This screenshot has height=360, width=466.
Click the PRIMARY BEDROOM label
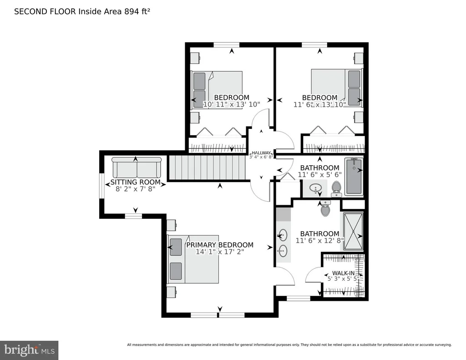[220, 245]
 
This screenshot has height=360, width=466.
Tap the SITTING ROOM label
[136, 182]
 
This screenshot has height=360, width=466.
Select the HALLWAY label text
[261, 153]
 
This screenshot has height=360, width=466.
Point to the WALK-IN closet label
[343, 273]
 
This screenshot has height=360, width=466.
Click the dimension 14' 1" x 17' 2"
[220, 252]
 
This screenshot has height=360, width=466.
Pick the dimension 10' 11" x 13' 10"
[232, 104]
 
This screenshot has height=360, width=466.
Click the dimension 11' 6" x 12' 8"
[320, 240]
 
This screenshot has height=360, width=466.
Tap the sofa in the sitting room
[137, 167]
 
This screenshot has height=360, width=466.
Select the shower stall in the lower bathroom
[353, 231]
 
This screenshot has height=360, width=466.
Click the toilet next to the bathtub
[336, 189]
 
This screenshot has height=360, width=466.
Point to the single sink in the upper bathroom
[315, 188]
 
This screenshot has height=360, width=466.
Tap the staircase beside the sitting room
[207, 168]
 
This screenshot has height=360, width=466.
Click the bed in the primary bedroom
[193, 259]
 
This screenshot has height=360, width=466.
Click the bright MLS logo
[29, 350]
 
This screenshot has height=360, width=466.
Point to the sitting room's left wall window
[101, 186]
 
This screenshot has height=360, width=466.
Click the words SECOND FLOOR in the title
[46, 11]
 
